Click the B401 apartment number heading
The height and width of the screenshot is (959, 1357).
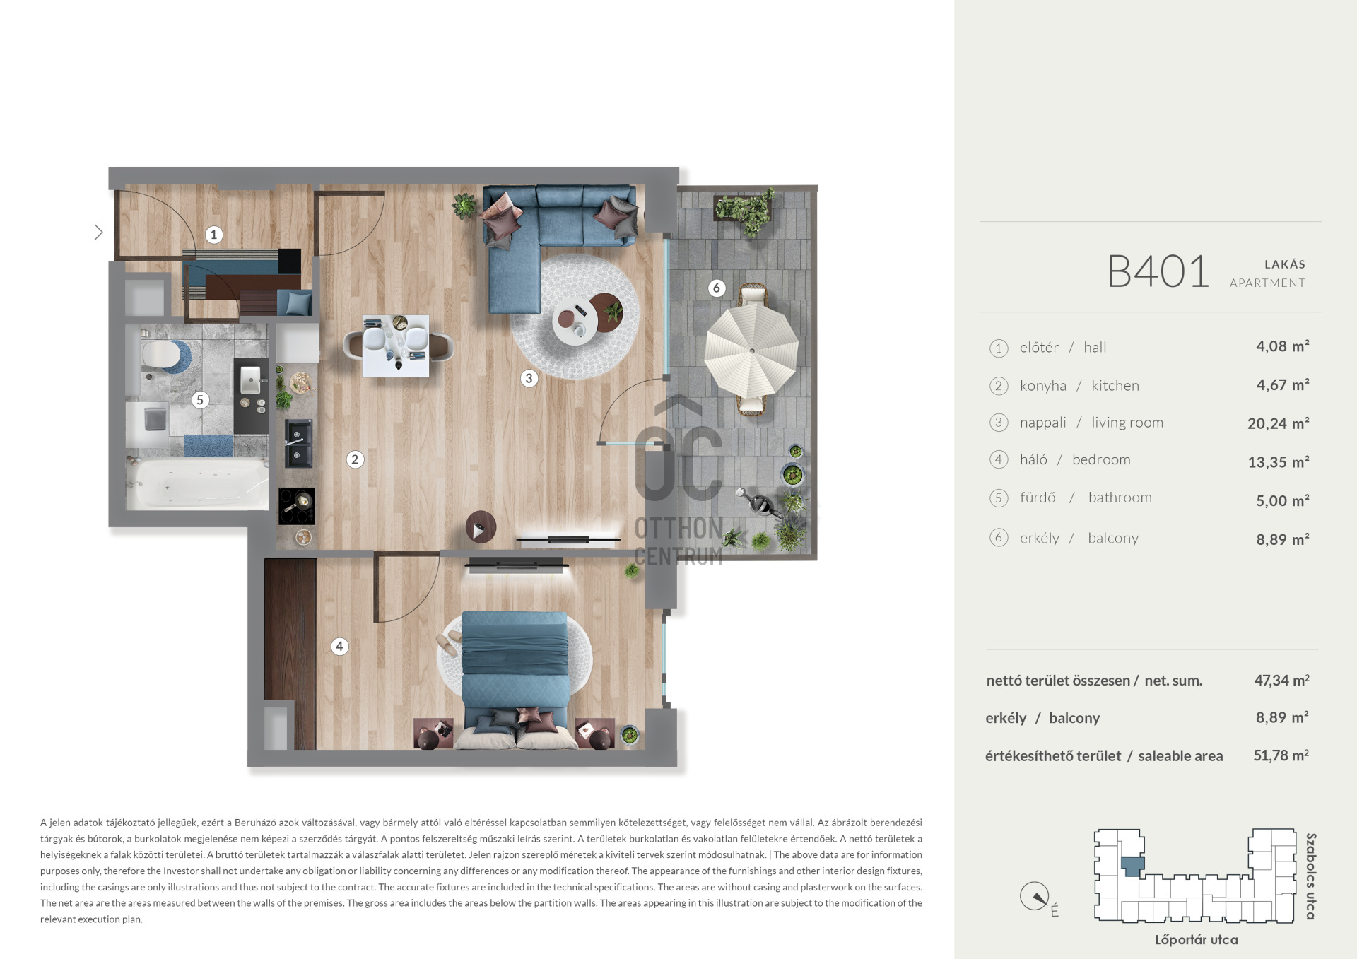pos(1158,271)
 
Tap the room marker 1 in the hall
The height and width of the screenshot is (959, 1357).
pos(214,235)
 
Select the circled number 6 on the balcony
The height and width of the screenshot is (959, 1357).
pos(717,288)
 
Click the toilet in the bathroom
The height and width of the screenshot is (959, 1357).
pos(160,355)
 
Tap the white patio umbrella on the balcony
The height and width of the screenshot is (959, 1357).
pos(752,351)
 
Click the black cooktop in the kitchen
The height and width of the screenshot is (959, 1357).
pos(297,506)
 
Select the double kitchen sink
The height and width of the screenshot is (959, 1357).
pos(298,443)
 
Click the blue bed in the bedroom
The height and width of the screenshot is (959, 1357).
pos(515,671)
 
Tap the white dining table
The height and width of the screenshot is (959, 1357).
pos(396,346)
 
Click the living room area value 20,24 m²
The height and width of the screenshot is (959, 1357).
pos(1278,423)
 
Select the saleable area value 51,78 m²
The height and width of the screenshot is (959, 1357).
pos(1281,755)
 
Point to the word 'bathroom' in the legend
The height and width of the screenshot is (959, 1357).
pos(1120,498)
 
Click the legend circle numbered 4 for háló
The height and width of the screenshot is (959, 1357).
pos(999,459)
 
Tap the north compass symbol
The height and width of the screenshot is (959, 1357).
pos(1035,896)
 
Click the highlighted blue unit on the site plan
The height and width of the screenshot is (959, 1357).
pos(1133,866)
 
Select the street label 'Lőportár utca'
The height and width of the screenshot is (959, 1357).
pos(1196,940)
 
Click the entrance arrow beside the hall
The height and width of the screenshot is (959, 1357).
pos(99,232)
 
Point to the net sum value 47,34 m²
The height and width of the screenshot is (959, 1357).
pos(1281,680)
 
